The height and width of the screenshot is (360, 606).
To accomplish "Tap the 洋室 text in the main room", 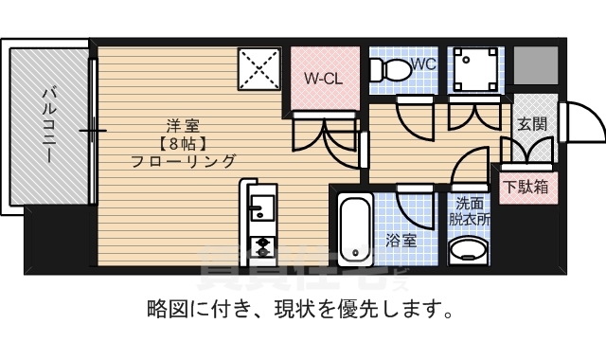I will pyautogui.click(x=184, y=124).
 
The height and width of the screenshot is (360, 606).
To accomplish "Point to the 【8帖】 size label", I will pyautogui.click(x=184, y=143).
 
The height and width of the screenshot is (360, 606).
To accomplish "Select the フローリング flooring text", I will pyautogui.click(x=184, y=161).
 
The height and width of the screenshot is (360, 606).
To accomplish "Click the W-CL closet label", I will pyautogui.click(x=322, y=79).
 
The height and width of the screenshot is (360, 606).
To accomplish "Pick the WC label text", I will pyautogui.click(x=423, y=65).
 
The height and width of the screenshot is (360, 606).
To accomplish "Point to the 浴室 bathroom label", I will pyautogui.click(x=401, y=241).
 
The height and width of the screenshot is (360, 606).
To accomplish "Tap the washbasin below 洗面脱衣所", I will pyautogui.click(x=468, y=250).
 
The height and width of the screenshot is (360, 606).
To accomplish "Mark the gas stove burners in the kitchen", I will pyautogui.click(x=259, y=247).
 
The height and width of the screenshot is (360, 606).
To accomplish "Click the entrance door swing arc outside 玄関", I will pyautogui.click(x=582, y=120).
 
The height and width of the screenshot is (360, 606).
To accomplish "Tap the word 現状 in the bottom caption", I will pyautogui.click(x=289, y=309).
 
